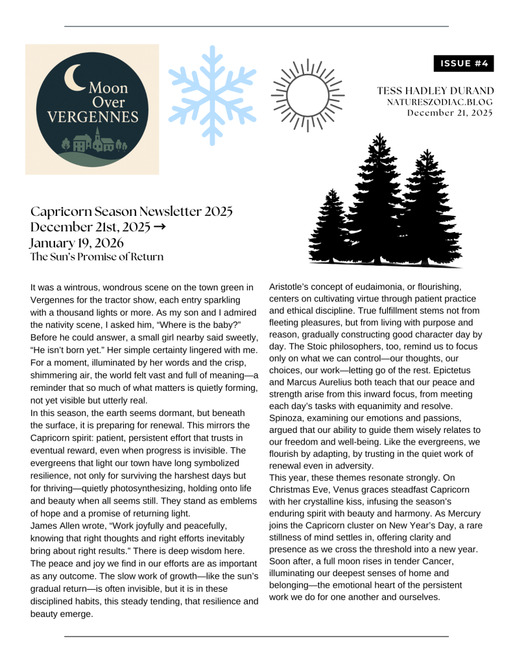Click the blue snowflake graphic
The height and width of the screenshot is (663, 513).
210,95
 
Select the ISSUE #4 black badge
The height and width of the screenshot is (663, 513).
464,64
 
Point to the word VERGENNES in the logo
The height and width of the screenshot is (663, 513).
93,117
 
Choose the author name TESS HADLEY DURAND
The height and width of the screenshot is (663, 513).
435,91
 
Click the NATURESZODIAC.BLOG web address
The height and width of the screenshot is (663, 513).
440,102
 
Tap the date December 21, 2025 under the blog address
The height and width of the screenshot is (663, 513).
449,113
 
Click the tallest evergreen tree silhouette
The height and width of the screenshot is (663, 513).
376,194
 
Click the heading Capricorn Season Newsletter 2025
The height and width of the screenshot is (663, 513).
131,212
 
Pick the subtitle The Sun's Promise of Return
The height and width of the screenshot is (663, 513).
97,257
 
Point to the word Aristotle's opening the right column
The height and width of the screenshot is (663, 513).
291,286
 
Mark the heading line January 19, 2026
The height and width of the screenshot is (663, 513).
77,242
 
